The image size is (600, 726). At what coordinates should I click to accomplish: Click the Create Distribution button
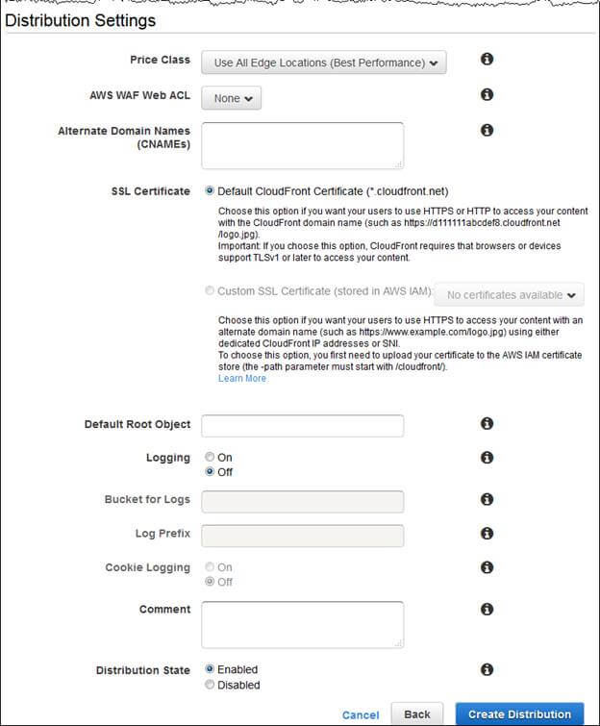click(x=519, y=714)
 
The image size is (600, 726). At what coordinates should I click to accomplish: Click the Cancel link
click(x=361, y=715)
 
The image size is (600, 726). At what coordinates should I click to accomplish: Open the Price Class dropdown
click(x=324, y=63)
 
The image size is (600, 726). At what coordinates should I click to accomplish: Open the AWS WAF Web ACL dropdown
click(x=232, y=98)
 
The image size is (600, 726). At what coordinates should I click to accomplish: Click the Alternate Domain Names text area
click(x=302, y=145)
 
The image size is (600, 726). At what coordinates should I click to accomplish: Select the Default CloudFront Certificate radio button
click(x=210, y=191)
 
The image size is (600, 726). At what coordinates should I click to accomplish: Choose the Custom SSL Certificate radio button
click(x=210, y=290)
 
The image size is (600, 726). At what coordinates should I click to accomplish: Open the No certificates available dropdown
click(x=511, y=295)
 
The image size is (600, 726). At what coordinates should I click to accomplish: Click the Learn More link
click(x=242, y=378)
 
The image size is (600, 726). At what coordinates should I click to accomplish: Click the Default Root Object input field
click(x=302, y=425)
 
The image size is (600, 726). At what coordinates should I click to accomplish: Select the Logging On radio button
click(x=210, y=458)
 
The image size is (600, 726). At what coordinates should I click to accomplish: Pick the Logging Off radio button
click(x=210, y=472)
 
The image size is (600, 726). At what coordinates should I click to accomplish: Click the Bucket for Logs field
click(x=302, y=501)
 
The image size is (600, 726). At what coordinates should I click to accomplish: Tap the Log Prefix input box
click(x=302, y=535)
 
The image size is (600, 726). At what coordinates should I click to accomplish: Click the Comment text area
click(x=302, y=625)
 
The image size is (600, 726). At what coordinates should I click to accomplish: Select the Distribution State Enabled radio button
click(x=210, y=669)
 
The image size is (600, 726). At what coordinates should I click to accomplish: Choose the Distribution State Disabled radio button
click(x=210, y=685)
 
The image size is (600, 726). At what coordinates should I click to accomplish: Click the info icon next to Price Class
click(x=487, y=60)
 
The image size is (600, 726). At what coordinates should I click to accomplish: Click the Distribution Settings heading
click(x=81, y=20)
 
